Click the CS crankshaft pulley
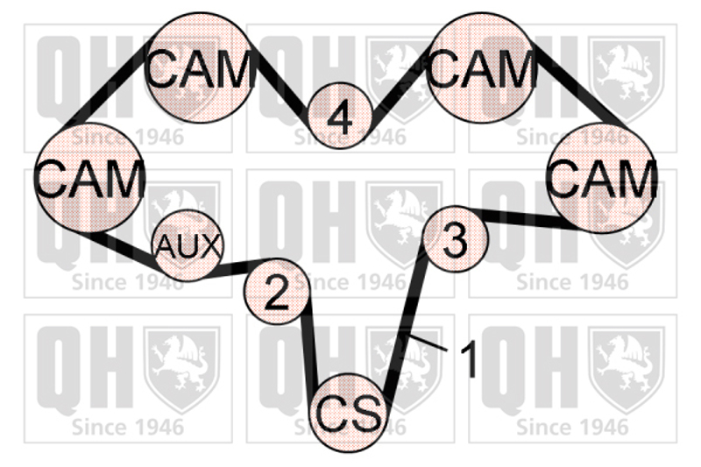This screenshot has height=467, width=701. (348, 413)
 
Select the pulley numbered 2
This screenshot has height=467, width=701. (276, 293)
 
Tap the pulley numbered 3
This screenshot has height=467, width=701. (454, 238)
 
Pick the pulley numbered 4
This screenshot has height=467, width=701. (340, 116)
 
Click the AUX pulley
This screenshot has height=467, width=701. (188, 246)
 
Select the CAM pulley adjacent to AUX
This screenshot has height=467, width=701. (89, 179)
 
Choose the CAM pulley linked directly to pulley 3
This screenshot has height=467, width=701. (603, 179)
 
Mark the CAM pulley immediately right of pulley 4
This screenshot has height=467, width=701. (483, 68)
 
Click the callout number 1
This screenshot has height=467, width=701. (470, 359)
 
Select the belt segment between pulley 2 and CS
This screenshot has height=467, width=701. (308, 350)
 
